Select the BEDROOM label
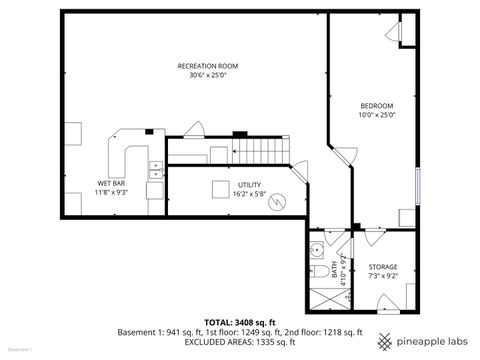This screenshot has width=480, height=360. coord(377,106)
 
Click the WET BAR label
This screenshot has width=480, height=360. coord(110,183)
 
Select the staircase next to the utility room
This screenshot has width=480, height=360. coord(261,152)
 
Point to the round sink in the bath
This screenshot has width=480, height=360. coord(315,249)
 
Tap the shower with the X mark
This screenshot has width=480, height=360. coord(322,297)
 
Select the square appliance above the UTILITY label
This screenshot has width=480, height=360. coord(220,189)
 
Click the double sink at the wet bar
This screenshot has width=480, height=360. coord(156,171)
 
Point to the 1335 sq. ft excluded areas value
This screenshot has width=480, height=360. coord(282,342)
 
